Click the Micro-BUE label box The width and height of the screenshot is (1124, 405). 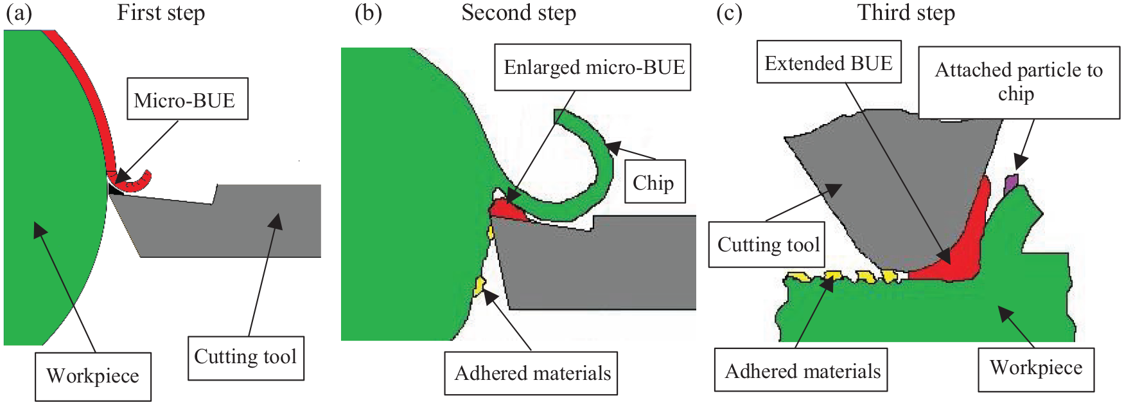click(188, 99)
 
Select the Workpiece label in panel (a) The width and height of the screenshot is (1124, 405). click(93, 376)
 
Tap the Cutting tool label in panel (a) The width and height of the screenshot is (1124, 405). click(246, 357)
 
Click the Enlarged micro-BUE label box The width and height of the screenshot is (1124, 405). click(593, 67)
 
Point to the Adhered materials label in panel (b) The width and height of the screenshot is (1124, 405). click(531, 373)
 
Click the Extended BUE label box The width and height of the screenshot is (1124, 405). click(829, 62)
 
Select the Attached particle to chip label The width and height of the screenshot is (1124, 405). click(1019, 82)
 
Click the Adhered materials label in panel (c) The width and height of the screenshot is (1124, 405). click(801, 370)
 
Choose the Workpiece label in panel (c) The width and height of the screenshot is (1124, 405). click(1036, 368)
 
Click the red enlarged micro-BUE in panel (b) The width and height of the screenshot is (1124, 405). click(507, 210)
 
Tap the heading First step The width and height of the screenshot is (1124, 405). click(161, 13)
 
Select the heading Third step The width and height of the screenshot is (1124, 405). click(906, 13)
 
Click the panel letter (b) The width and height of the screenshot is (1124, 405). click(369, 14)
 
